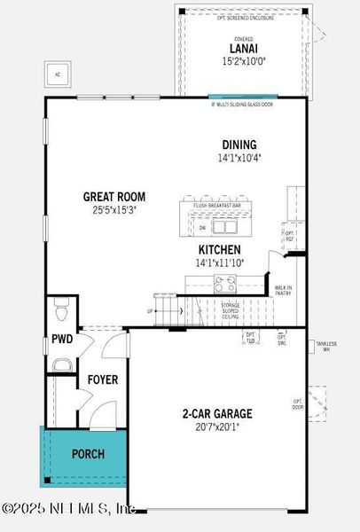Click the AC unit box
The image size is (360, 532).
59,74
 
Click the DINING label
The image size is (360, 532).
239,145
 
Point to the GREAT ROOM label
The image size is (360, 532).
114,197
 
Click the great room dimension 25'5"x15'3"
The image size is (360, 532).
114,210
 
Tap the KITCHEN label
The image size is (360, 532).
221,250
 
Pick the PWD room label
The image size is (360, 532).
61,339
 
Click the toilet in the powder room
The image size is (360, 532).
60,311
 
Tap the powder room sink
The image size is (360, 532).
60,365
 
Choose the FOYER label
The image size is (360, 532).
102,379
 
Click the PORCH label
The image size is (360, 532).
88,454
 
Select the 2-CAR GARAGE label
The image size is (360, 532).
217,413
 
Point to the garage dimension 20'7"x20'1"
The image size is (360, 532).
217,426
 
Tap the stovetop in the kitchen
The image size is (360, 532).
224,285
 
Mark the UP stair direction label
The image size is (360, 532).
150,311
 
